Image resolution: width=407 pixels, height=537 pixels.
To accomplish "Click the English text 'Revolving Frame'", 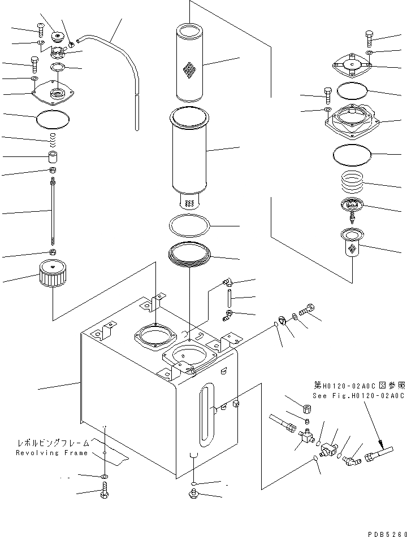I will coord(51,453).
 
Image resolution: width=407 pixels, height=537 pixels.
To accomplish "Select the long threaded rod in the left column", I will coord(53,212).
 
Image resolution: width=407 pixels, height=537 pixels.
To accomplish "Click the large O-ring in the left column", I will coord(53,119).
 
